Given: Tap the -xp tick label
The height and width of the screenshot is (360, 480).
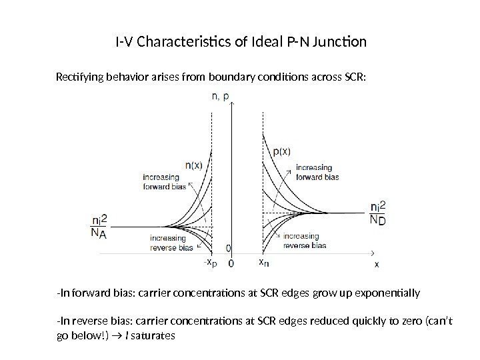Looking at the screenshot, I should [210, 263].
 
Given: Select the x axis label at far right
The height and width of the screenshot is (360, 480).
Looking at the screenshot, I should [377, 264].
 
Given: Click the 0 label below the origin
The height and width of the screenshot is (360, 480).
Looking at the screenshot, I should [231, 263].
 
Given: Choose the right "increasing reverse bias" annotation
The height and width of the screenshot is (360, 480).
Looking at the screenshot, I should [305, 241].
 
